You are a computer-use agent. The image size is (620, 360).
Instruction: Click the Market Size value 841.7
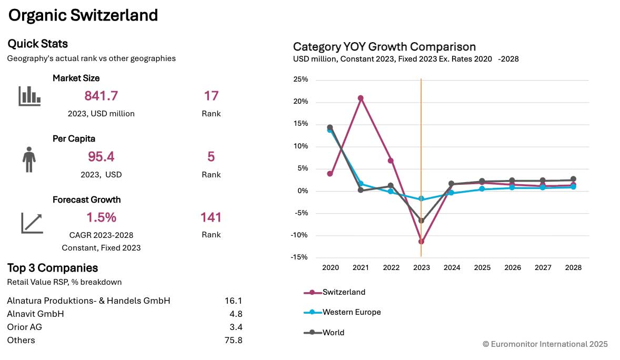coord(101,96)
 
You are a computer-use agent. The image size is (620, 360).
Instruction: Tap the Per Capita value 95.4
coord(101,157)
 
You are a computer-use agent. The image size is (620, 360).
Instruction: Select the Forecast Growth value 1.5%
coord(101,217)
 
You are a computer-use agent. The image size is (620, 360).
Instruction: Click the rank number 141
coord(211,217)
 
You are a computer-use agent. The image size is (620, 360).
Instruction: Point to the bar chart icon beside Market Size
coord(29,96)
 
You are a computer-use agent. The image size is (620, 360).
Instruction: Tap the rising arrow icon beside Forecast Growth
coord(32,223)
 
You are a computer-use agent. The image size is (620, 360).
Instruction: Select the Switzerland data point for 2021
coord(361,98)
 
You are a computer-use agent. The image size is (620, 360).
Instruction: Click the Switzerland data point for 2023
coord(421,242)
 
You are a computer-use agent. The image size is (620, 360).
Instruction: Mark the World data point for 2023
coord(421,221)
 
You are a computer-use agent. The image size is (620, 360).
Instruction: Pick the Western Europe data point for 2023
coord(421,199)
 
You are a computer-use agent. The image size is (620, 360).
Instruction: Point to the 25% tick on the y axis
coord(301,79)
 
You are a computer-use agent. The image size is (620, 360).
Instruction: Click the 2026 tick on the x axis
coord(513,267)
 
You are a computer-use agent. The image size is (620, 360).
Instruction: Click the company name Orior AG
coord(25,327)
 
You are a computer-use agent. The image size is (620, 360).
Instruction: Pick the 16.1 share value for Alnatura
coord(233,301)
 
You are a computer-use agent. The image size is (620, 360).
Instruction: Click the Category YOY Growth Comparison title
coord(384,46)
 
